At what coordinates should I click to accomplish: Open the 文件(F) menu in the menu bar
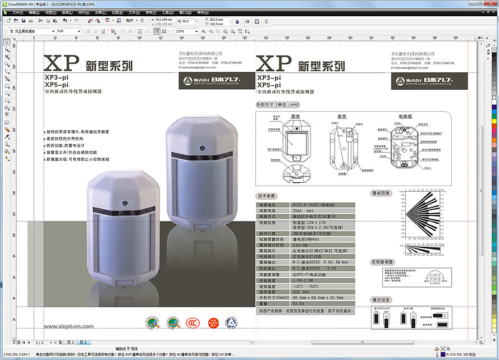(17, 12)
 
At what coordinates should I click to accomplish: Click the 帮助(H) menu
(202, 12)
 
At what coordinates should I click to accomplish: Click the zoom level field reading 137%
(182, 31)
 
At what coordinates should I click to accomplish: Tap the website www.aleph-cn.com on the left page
(68, 326)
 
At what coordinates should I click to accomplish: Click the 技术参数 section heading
(267, 196)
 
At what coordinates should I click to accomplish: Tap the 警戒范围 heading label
(381, 192)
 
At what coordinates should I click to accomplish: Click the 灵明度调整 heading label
(382, 262)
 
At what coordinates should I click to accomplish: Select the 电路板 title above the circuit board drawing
(405, 116)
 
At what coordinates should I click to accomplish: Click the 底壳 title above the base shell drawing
(342, 116)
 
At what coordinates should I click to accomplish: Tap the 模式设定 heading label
(381, 299)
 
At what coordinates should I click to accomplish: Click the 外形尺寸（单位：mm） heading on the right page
(278, 104)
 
